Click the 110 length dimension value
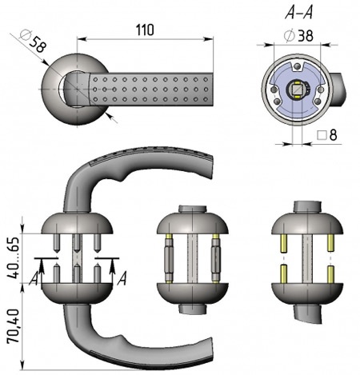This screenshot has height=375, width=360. pyautogui.click(x=145, y=30)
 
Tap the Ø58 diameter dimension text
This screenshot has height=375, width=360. pyautogui.click(x=34, y=42)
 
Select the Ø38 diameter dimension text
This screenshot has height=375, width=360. pyautogui.click(x=298, y=36)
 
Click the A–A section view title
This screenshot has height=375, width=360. pyautogui.click(x=298, y=12)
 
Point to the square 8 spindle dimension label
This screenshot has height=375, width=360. pyautogui.click(x=327, y=135)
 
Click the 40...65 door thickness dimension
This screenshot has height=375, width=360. pyautogui.click(x=13, y=257)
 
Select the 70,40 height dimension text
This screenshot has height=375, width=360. pyautogui.click(x=13, y=325)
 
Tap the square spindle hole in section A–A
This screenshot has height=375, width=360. pyautogui.click(x=297, y=90)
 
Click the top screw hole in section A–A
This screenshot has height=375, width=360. pyautogui.click(x=297, y=66)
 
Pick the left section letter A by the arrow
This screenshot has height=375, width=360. pyautogui.click(x=34, y=278)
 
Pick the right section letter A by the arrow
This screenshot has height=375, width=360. pyautogui.click(x=122, y=278)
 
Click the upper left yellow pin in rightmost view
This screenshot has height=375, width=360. pyautogui.click(x=284, y=243)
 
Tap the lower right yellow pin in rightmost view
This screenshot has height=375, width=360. pyautogui.click(x=330, y=274)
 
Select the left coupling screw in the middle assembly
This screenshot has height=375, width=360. pyautogui.click(x=169, y=258)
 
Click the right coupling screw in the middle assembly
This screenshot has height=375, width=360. pyautogui.click(x=216, y=258)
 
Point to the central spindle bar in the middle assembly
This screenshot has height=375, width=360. pyautogui.click(x=192, y=258)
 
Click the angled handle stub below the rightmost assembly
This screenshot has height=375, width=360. pyautogui.click(x=307, y=314)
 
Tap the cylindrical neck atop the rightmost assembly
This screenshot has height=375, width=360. pyautogui.click(x=307, y=207)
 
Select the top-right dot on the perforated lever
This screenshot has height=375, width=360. pyautogui.click(x=206, y=79)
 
